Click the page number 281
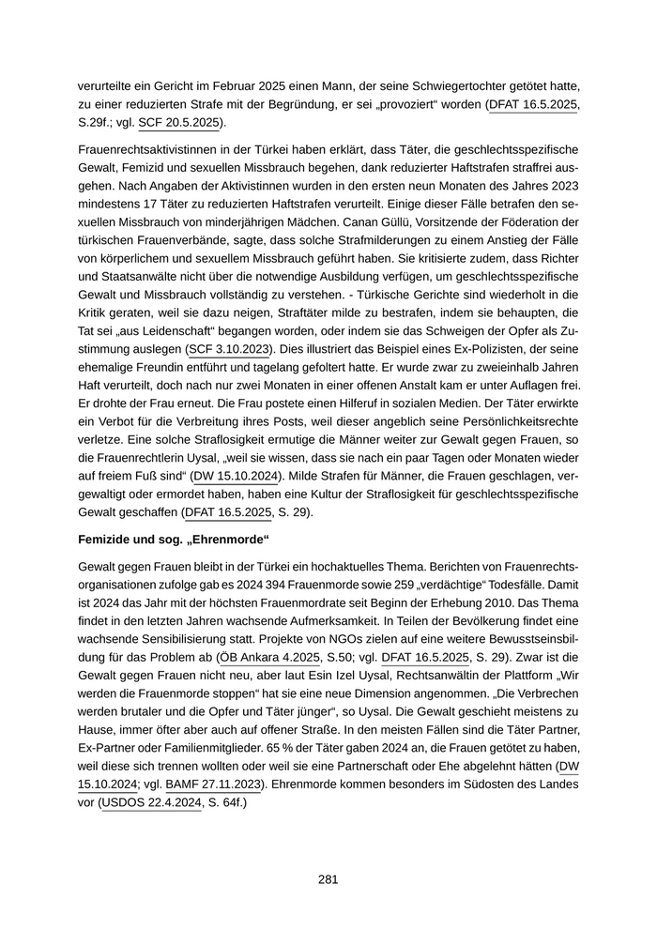[x=328, y=879]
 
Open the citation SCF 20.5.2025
[x=178, y=122]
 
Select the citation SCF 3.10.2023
[x=230, y=349]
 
